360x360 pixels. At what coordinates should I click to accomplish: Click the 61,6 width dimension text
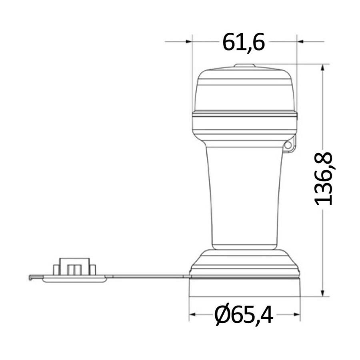click(x=244, y=42)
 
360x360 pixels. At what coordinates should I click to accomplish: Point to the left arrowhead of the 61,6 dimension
click(x=189, y=42)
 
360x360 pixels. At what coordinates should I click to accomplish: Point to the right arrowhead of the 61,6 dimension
click(x=300, y=42)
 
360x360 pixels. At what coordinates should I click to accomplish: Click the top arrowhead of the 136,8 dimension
click(x=322, y=67)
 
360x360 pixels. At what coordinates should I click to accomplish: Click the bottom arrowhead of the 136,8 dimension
click(x=322, y=293)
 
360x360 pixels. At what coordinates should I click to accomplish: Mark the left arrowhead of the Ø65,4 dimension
click(x=192, y=314)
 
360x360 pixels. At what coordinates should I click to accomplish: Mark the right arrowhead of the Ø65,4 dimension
click(x=297, y=314)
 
